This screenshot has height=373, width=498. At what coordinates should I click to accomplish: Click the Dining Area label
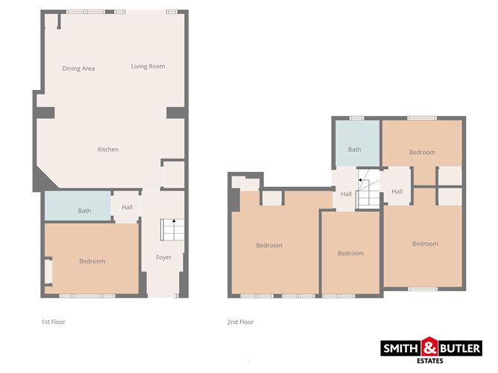[78, 68]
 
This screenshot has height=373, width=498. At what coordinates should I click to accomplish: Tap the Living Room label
[148, 66]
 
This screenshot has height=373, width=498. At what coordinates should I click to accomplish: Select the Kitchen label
[108, 150]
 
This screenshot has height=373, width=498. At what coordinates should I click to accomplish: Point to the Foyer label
[163, 258]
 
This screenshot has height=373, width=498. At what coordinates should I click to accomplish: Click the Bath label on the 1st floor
[85, 211]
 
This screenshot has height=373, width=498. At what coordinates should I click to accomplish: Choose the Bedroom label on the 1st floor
[92, 261]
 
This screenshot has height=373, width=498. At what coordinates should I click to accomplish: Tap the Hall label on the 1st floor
[126, 207]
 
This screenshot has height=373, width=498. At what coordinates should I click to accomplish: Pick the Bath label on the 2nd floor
[354, 150]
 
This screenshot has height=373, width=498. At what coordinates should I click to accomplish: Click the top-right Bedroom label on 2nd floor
[422, 153]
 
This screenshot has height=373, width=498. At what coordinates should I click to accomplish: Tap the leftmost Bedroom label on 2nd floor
[269, 246]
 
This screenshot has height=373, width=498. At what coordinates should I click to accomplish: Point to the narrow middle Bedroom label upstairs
[350, 253]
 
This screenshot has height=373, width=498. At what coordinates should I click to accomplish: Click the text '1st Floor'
[54, 322]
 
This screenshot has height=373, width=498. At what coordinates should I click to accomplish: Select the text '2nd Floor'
[241, 322]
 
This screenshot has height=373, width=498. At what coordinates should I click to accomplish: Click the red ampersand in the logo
[430, 347]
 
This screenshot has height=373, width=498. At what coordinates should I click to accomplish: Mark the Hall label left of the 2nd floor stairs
[347, 194]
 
